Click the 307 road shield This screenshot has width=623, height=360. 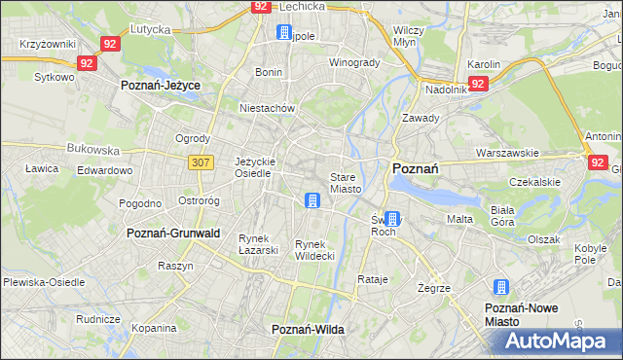[x=202, y=162]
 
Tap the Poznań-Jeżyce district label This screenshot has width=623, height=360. [x=160, y=86]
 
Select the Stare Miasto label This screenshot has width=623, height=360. [x=346, y=183]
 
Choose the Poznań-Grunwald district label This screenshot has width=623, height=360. [x=173, y=234]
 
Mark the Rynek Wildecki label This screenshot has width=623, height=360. [x=315, y=250]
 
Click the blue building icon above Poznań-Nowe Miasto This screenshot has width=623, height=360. [x=501, y=287]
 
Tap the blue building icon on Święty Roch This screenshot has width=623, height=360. [x=391, y=220]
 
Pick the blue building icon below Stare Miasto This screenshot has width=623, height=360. [x=312, y=201]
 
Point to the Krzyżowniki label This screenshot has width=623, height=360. [x=48, y=45]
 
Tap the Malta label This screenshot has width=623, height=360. [x=459, y=220]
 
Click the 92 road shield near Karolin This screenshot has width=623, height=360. [x=477, y=84]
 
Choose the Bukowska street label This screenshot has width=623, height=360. [x=92, y=151]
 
